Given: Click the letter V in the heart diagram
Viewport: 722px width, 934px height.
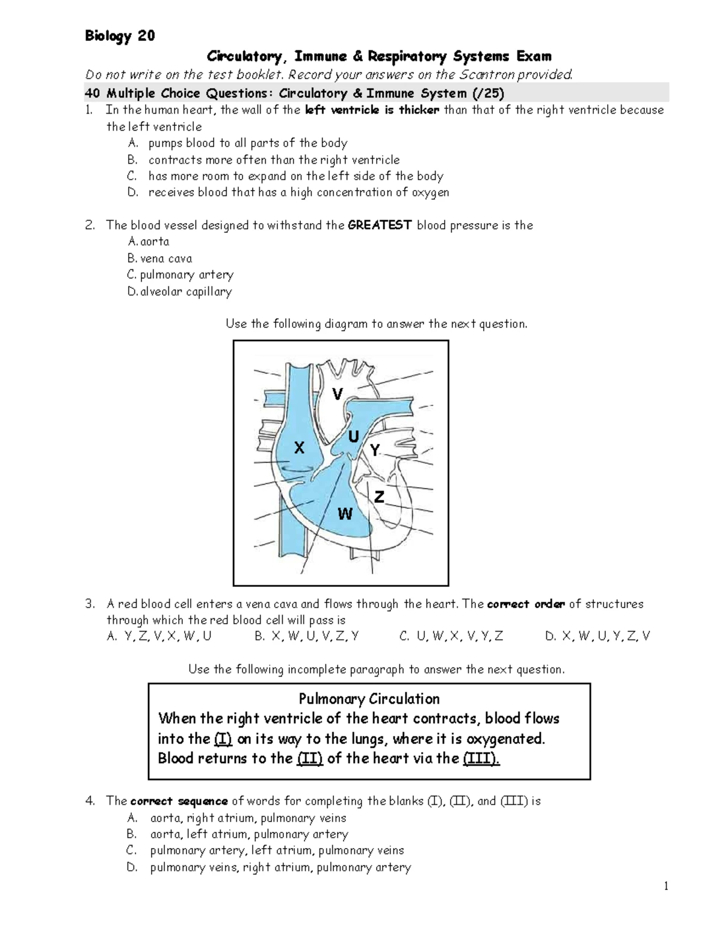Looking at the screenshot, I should pos(338,394).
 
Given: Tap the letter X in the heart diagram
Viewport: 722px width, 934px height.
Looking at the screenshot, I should pos(299,448).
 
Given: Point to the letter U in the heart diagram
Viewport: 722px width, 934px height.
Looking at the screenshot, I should pos(354,437).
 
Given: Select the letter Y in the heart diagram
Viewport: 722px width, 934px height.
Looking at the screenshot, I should pos(375,450).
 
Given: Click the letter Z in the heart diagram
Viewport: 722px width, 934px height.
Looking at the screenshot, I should pos(379,497).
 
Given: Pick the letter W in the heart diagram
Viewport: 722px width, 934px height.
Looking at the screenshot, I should pos(345,514).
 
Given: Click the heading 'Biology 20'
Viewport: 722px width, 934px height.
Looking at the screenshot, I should pos(120,36).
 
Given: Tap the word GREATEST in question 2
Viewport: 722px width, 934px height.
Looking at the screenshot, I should pos(380,226).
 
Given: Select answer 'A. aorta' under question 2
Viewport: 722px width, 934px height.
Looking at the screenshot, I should pos(149,242).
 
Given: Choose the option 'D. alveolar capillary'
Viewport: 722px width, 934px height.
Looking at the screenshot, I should pos(180,292).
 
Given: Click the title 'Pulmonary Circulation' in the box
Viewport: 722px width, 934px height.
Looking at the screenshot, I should pos(369,699).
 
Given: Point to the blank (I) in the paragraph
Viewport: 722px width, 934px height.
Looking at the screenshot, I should pos(223,739).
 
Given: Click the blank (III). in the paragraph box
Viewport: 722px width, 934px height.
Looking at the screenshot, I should pos(481,758).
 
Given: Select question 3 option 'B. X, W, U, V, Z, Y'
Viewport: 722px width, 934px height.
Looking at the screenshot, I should pos(306,636).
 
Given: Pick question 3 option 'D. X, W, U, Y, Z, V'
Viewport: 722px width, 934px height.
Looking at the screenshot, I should pos(597,636).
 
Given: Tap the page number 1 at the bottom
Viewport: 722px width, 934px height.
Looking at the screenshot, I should pos(666,886).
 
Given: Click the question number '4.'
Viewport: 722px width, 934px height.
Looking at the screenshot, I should pos(90,801).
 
